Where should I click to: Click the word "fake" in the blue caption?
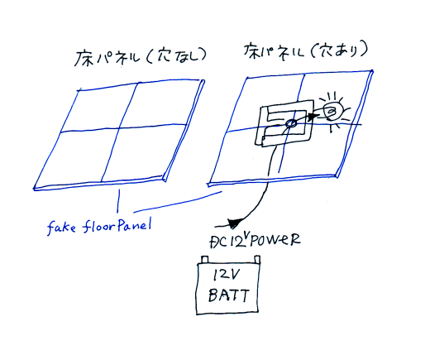(x=61, y=228)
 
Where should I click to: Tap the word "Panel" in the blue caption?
(x=135, y=225)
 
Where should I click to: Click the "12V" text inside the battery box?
(x=227, y=275)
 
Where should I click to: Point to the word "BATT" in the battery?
(x=229, y=295)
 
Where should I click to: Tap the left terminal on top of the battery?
(x=205, y=259)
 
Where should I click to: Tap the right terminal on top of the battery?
(x=257, y=259)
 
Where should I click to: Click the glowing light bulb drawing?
(x=334, y=111)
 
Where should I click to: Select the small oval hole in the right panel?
(x=291, y=123)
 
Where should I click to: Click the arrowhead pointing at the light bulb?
(x=312, y=117)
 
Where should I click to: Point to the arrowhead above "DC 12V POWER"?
(x=234, y=223)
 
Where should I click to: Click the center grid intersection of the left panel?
(x=119, y=128)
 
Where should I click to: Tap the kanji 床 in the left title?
(x=83, y=59)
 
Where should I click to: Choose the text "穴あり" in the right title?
(x=341, y=50)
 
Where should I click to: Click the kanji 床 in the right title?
(x=252, y=50)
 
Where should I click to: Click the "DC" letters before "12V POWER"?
(x=219, y=242)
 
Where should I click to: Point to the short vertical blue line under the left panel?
(x=118, y=200)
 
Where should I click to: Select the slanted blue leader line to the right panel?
(x=178, y=202)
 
